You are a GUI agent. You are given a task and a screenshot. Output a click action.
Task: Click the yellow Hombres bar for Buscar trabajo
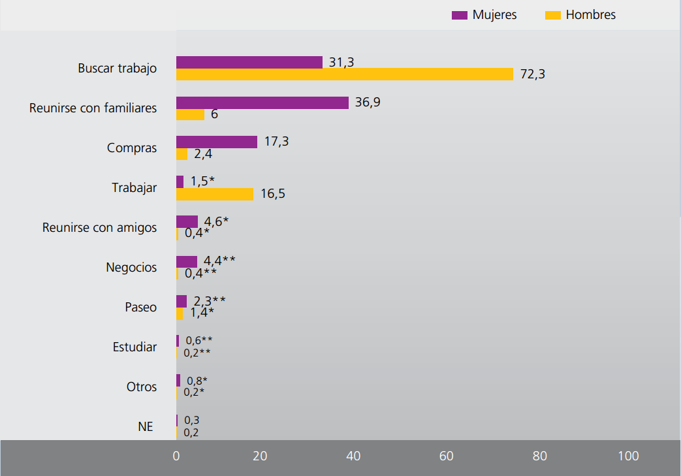click(x=344, y=74)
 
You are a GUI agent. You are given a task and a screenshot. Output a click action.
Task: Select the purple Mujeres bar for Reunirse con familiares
click(x=262, y=103)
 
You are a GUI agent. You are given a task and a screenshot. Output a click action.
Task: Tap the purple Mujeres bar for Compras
click(x=216, y=142)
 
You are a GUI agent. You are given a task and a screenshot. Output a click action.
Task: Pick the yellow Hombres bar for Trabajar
click(x=214, y=194)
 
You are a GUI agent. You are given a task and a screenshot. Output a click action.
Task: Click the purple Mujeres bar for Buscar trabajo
click(x=249, y=62)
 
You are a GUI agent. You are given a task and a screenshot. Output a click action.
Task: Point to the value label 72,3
click(x=533, y=74)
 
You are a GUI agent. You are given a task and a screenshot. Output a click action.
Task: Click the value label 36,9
click(x=368, y=103)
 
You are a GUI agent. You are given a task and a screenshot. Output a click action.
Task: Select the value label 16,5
click(x=272, y=194)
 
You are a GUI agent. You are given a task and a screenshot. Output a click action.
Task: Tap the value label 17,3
click(x=276, y=142)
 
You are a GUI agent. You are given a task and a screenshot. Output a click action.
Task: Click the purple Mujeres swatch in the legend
click(x=460, y=15)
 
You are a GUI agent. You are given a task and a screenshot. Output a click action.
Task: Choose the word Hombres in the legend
click(x=590, y=15)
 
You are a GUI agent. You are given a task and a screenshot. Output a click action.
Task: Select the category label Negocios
click(x=131, y=267)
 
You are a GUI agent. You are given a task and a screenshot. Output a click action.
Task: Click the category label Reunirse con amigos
click(x=99, y=227)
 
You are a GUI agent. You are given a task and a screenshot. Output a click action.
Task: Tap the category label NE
click(x=146, y=426)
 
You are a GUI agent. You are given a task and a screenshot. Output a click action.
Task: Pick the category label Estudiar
click(x=135, y=347)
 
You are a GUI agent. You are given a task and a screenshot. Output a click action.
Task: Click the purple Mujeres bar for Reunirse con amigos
click(x=187, y=221)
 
